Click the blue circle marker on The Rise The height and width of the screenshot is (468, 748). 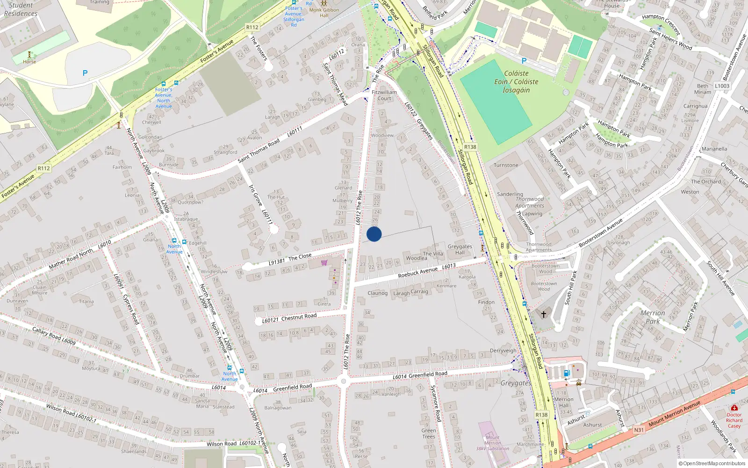click(x=374, y=234)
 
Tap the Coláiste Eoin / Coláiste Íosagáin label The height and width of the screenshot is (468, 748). click(x=516, y=82)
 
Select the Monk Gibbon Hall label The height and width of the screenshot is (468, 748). click(x=324, y=13)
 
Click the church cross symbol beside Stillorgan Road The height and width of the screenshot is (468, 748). click(x=544, y=314)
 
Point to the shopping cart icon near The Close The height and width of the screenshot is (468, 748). click(x=324, y=263)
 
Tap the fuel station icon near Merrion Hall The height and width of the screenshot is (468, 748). click(x=567, y=373)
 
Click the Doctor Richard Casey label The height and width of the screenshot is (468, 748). click(x=734, y=420)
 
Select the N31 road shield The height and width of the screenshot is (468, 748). click(x=639, y=430)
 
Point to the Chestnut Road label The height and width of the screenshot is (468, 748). click(x=299, y=317)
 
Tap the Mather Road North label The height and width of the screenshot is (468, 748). click(x=72, y=259)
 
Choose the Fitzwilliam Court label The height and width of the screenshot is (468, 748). click(x=384, y=95)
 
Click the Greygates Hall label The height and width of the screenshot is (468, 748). click(x=460, y=249)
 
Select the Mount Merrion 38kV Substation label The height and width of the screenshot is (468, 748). click(x=493, y=443)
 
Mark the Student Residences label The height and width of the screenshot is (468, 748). click(x=21, y=9)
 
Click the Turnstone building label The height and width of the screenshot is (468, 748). click(x=506, y=165)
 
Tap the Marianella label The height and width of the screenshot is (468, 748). click(x=714, y=149)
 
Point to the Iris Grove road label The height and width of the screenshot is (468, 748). click(x=255, y=195)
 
